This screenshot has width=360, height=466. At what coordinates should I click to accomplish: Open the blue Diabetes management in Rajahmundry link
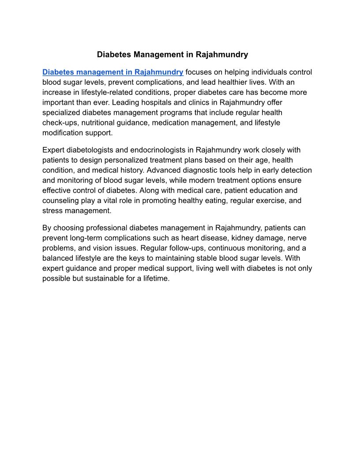112,72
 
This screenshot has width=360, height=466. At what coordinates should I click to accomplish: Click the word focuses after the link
199,72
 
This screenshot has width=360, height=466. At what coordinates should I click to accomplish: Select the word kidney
242,238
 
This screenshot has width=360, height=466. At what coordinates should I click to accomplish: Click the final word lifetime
154,279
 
